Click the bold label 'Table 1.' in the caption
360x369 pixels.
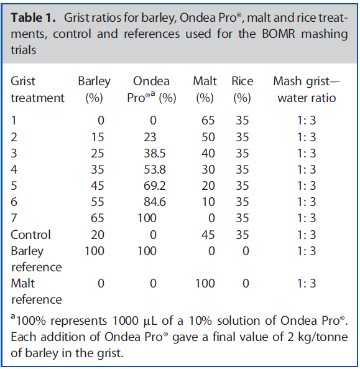coord(33,18)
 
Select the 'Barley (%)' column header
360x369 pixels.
coord(94,90)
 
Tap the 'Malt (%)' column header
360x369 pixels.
coord(205,90)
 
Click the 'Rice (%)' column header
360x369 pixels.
coord(242,90)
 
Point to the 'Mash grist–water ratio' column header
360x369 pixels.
coord(307,90)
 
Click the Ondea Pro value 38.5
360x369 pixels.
coord(155,154)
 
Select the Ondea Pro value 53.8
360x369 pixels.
coord(155,169)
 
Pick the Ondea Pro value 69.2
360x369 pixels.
coord(155,185)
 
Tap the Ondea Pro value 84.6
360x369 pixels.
coord(155,202)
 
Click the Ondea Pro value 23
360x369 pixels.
coord(150,137)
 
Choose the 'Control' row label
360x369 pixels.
coord(30,235)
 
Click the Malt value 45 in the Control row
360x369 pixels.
coord(208,235)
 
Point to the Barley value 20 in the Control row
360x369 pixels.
coord(98,235)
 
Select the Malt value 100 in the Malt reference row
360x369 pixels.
coord(205,283)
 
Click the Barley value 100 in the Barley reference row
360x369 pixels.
coord(95,251)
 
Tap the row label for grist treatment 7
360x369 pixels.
coord(14,218)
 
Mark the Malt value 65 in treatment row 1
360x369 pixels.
coord(208,121)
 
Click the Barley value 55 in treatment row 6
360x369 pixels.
coord(98,202)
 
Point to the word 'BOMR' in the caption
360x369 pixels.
coord(279,34)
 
